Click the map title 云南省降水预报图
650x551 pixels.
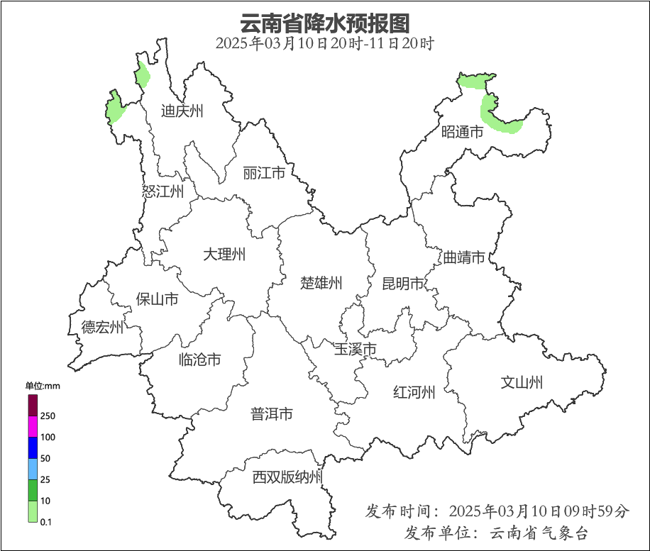(x=324, y=23)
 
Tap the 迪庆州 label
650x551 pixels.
(x=182, y=111)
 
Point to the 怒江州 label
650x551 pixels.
(x=162, y=191)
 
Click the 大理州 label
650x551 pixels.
(x=224, y=254)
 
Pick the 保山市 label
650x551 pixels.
(x=157, y=299)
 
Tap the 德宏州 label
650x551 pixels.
(x=102, y=327)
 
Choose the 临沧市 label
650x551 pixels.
(x=199, y=360)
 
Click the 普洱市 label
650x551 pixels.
(x=271, y=414)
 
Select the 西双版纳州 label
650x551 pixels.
(x=287, y=477)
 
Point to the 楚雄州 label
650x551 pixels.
(x=321, y=284)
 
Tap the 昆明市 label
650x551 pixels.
(x=402, y=284)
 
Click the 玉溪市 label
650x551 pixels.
(x=355, y=349)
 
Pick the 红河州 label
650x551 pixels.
(x=414, y=392)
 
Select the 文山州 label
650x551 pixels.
(x=522, y=383)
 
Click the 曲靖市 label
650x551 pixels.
(x=464, y=257)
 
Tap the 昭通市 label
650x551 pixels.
(x=462, y=131)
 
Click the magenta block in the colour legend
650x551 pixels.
(x=33, y=425)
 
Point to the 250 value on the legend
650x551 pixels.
(x=48, y=416)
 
